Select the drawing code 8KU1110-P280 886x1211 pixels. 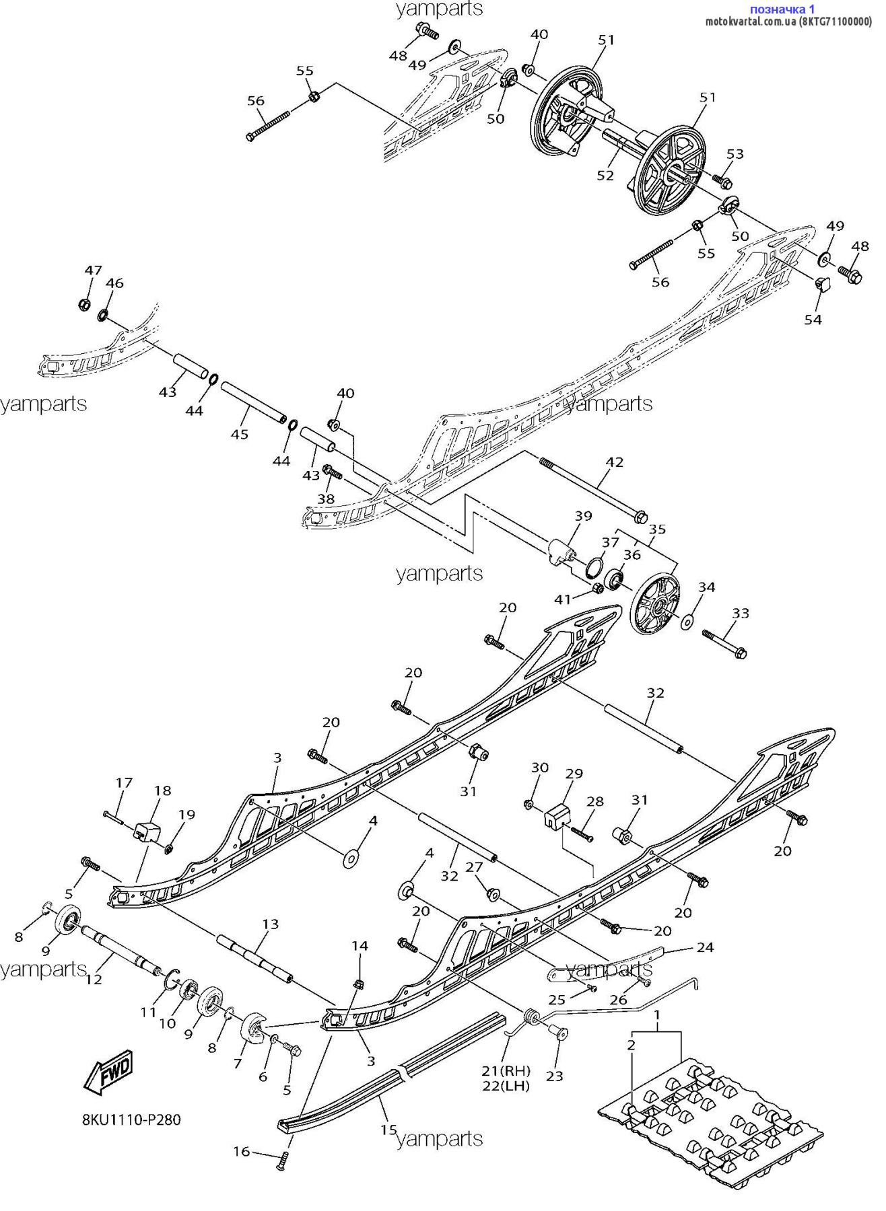tap(131, 1120)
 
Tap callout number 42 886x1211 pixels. tap(614, 462)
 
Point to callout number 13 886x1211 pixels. tap(270, 924)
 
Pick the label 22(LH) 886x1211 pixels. tap(506, 1086)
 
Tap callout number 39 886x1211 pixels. tap(583, 516)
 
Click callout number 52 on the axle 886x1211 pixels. tap(605, 175)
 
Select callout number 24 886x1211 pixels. tap(705, 947)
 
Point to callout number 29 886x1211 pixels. tap(574, 774)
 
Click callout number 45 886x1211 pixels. tap(240, 434)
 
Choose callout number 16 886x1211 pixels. tap(242, 1151)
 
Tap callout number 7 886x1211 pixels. tap(237, 1064)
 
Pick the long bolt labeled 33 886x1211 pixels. tap(724, 643)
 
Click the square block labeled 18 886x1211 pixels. tap(147, 832)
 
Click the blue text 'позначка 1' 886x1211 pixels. tap(782, 9)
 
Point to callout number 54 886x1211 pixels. tap(813, 319)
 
